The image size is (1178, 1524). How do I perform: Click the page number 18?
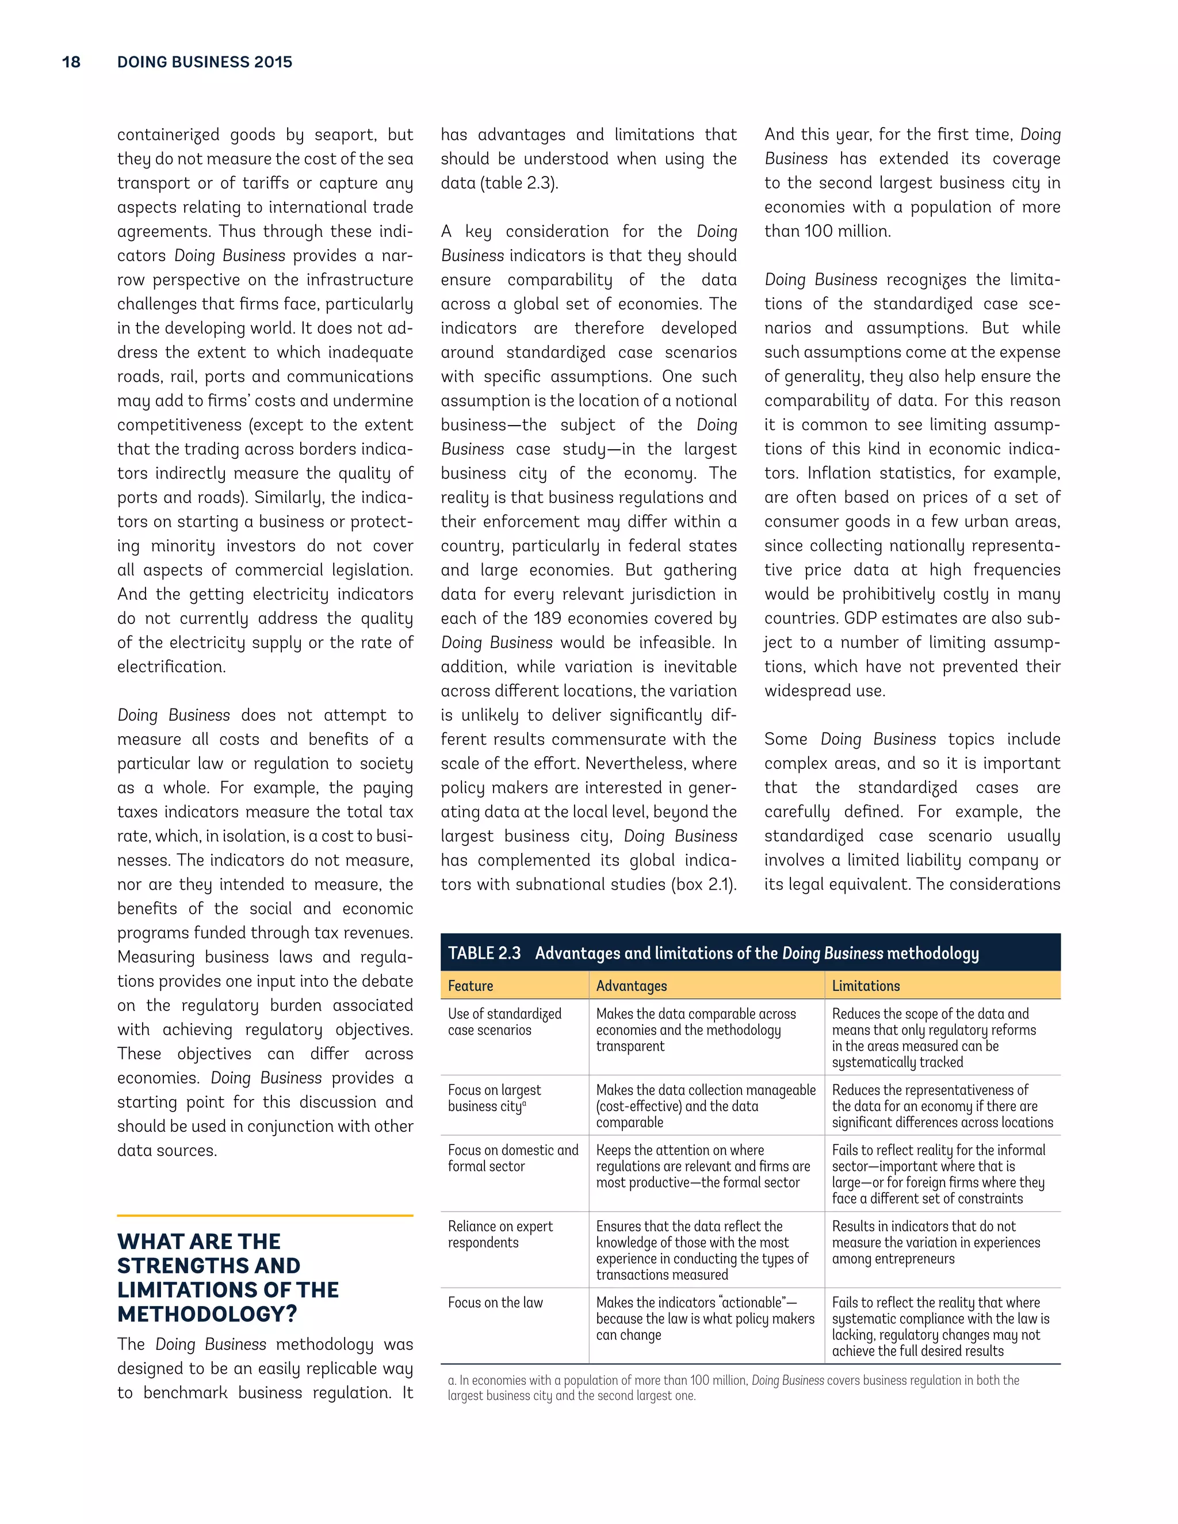(71, 62)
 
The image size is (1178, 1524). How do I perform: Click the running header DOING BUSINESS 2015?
(204, 62)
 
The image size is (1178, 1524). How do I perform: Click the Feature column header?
(471, 985)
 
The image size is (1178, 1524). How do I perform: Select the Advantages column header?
(631, 985)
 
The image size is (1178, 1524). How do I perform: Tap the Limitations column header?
(865, 985)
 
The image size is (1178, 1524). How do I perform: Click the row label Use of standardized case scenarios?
(504, 1021)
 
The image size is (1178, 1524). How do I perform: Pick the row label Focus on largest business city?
(494, 1098)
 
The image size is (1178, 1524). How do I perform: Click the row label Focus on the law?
(495, 1302)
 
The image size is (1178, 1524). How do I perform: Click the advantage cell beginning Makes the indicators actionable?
(704, 1318)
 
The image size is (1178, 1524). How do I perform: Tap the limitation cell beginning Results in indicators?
(935, 1242)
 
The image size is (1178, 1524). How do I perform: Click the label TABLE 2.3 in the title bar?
(484, 953)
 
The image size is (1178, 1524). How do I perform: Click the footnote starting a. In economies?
(733, 1388)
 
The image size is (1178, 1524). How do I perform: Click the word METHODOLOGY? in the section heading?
(207, 1314)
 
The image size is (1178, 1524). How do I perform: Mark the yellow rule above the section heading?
(265, 1216)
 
